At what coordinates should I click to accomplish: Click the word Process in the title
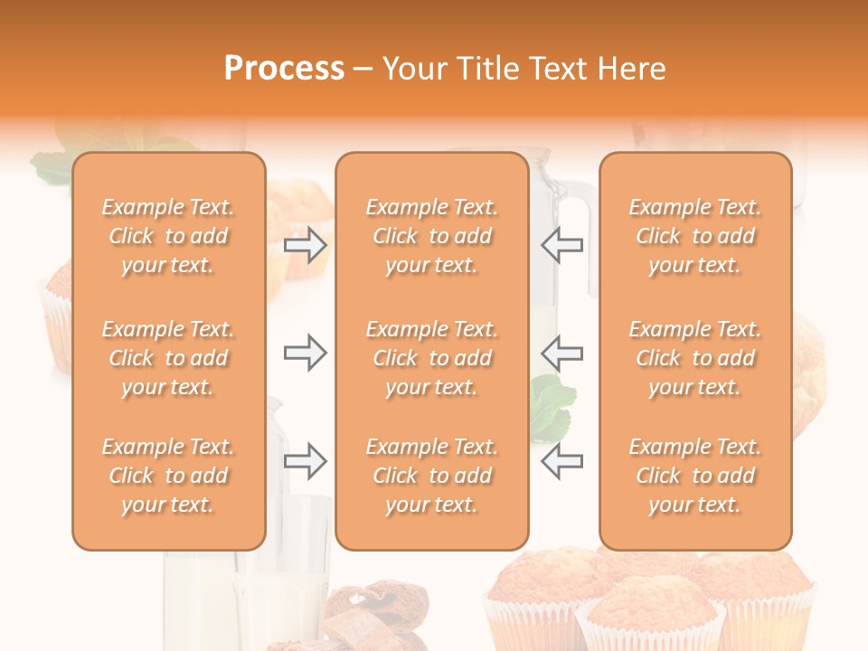tap(284, 69)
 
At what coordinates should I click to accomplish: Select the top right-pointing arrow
tap(305, 245)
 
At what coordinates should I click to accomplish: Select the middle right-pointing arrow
tap(305, 353)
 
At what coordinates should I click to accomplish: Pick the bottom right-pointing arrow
tap(305, 460)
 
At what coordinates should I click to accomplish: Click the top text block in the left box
tap(168, 236)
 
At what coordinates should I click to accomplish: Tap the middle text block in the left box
tap(168, 358)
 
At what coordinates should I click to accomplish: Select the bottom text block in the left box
tap(168, 476)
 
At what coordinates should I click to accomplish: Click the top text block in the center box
tap(431, 236)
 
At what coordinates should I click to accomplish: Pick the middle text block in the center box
tap(431, 358)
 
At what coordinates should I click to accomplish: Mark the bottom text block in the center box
tap(431, 476)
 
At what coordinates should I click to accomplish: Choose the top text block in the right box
tap(695, 236)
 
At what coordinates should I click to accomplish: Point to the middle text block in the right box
tap(695, 358)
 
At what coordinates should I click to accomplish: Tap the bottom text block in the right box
tap(695, 476)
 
